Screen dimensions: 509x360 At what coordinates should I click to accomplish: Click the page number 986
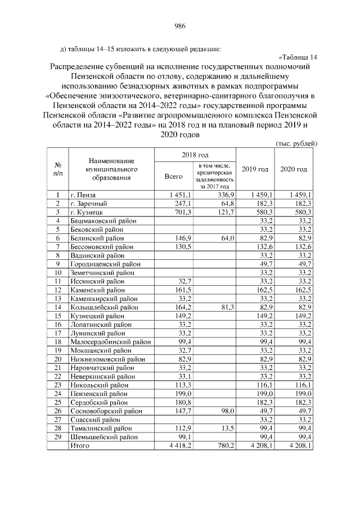click(x=180, y=25)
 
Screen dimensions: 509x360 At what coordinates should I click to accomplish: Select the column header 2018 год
click(x=195, y=155)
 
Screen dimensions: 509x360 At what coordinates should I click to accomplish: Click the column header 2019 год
click(x=255, y=169)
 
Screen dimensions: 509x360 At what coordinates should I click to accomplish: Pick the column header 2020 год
click(x=294, y=169)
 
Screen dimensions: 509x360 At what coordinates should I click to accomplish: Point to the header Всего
click(x=174, y=176)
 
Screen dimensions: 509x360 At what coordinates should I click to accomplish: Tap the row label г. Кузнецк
click(x=85, y=212)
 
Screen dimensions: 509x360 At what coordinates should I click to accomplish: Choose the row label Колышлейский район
click(x=101, y=307)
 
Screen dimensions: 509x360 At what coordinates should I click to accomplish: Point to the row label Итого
click(x=79, y=445)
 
